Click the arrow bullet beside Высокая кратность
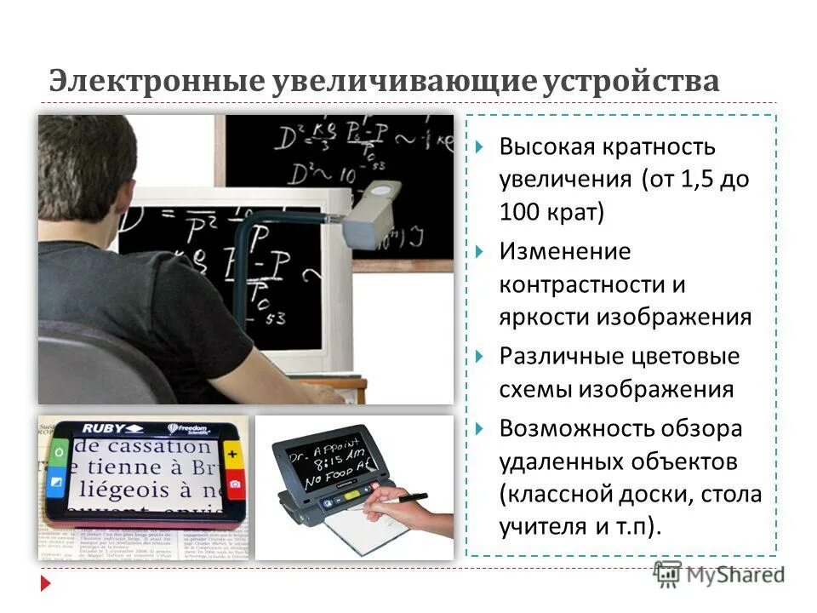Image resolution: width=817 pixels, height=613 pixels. point(481,147)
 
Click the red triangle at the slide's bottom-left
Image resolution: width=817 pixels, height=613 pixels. point(46,584)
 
